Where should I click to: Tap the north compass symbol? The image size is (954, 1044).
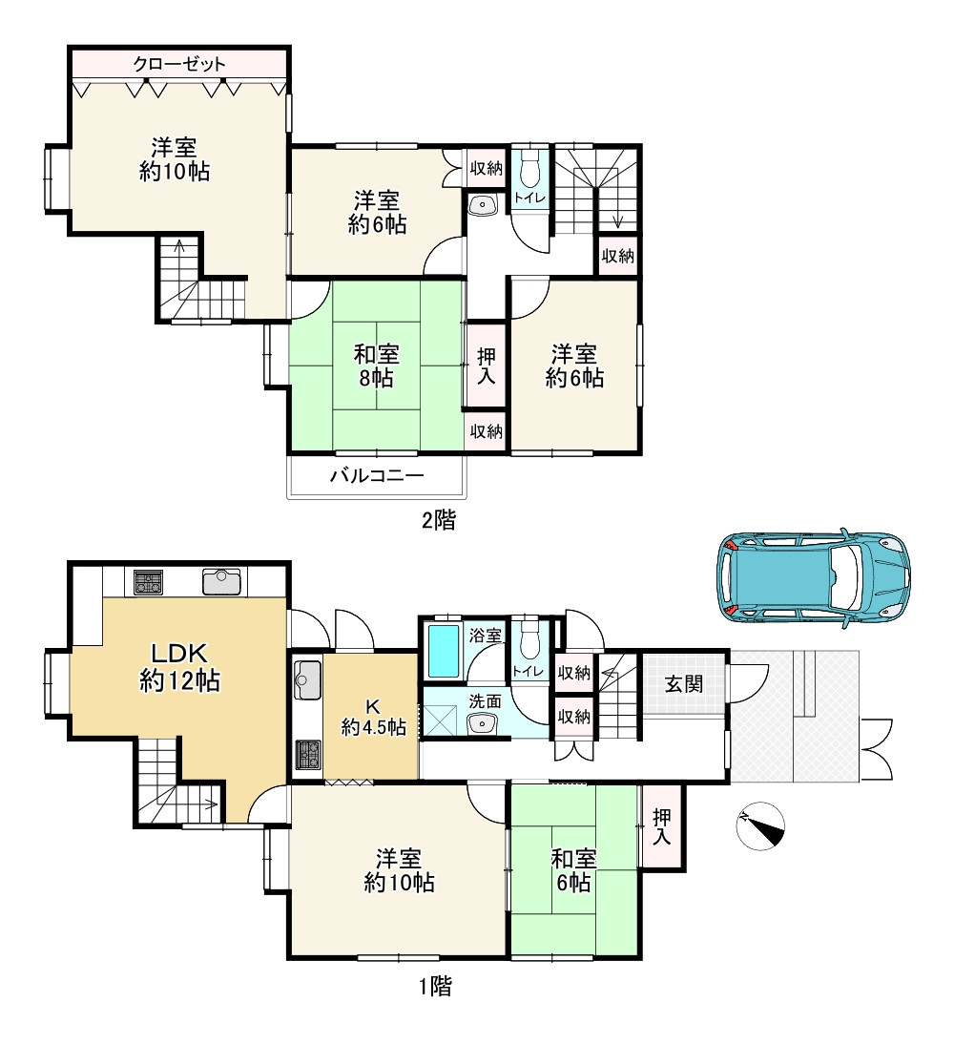[760, 825]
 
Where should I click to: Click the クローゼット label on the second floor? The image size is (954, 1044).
[179, 64]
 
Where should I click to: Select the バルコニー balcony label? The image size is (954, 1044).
[377, 475]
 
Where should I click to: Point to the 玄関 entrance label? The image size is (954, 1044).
[684, 684]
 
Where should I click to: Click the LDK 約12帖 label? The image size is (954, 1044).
[179, 666]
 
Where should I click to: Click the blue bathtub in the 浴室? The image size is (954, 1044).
[443, 651]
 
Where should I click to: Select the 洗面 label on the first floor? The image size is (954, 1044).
[485, 701]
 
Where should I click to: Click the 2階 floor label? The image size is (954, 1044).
[439, 519]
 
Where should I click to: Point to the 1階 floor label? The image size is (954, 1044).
[435, 986]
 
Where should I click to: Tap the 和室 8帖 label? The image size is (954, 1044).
[376, 365]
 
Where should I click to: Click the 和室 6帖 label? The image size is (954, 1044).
[573, 870]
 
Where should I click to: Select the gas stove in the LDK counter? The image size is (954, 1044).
[149, 582]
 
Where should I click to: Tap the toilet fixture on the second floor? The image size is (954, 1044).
[530, 171]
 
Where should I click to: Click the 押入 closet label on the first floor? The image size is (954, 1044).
[661, 826]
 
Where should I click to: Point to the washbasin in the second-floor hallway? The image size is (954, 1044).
[483, 205]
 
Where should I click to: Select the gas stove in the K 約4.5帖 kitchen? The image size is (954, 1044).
[307, 754]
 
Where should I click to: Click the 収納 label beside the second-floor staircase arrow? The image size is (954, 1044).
[618, 255]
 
